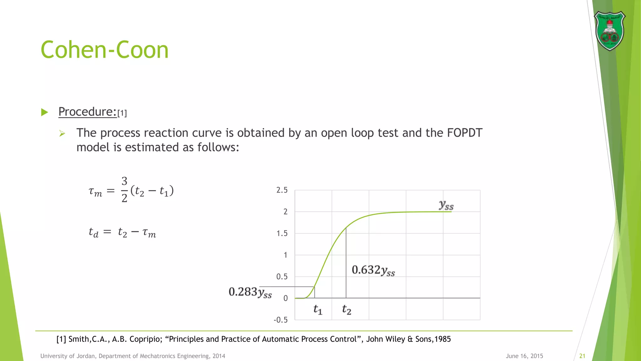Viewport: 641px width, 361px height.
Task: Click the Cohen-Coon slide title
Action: pyautogui.click(x=105, y=50)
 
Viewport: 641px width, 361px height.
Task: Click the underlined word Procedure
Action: pyautogui.click(x=87, y=112)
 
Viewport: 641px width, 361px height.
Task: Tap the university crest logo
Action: pyautogui.click(x=609, y=31)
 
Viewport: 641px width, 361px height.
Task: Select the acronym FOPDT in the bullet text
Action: pyautogui.click(x=464, y=133)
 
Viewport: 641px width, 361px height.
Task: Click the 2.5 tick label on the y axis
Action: pyautogui.click(x=282, y=190)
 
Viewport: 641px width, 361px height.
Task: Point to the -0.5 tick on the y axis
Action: pyautogui.click(x=280, y=320)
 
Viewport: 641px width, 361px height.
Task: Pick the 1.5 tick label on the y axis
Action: pyautogui.click(x=282, y=233)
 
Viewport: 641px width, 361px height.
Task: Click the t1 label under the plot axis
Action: pyautogui.click(x=318, y=310)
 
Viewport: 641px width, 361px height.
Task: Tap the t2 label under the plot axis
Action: pyautogui.click(x=346, y=310)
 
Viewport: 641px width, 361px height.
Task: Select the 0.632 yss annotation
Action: pyautogui.click(x=373, y=270)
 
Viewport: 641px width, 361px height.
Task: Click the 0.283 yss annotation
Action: pyautogui.click(x=250, y=292)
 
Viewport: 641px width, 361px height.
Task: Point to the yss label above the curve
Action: pyautogui.click(x=446, y=205)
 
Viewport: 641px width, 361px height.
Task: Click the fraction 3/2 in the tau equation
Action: pyautogui.click(x=124, y=190)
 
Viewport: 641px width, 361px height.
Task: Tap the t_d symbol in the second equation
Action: pyautogui.click(x=93, y=233)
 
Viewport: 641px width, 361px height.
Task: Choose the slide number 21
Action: pyautogui.click(x=582, y=356)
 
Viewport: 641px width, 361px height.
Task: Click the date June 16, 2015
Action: pyautogui.click(x=524, y=356)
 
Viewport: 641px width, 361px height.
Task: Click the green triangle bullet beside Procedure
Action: pyautogui.click(x=44, y=112)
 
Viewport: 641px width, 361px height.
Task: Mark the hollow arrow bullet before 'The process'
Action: pyautogui.click(x=62, y=133)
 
